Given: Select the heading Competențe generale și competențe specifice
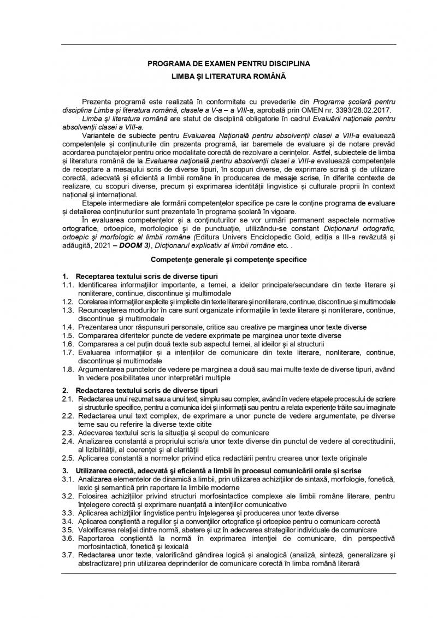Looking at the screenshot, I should [x=229, y=258].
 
